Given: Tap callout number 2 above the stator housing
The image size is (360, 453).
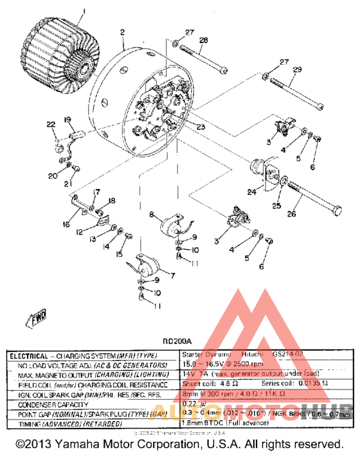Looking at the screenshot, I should click(122, 31).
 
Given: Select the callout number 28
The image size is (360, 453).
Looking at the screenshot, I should click(203, 40).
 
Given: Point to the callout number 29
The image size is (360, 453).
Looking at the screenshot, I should click(296, 69).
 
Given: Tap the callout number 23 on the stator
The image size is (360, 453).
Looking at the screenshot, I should click(201, 127).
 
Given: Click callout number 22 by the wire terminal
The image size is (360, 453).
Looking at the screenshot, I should click(51, 125).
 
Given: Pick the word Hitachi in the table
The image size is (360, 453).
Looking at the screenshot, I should click(254, 355).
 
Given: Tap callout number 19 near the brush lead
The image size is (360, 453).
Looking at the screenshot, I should click(67, 120).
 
